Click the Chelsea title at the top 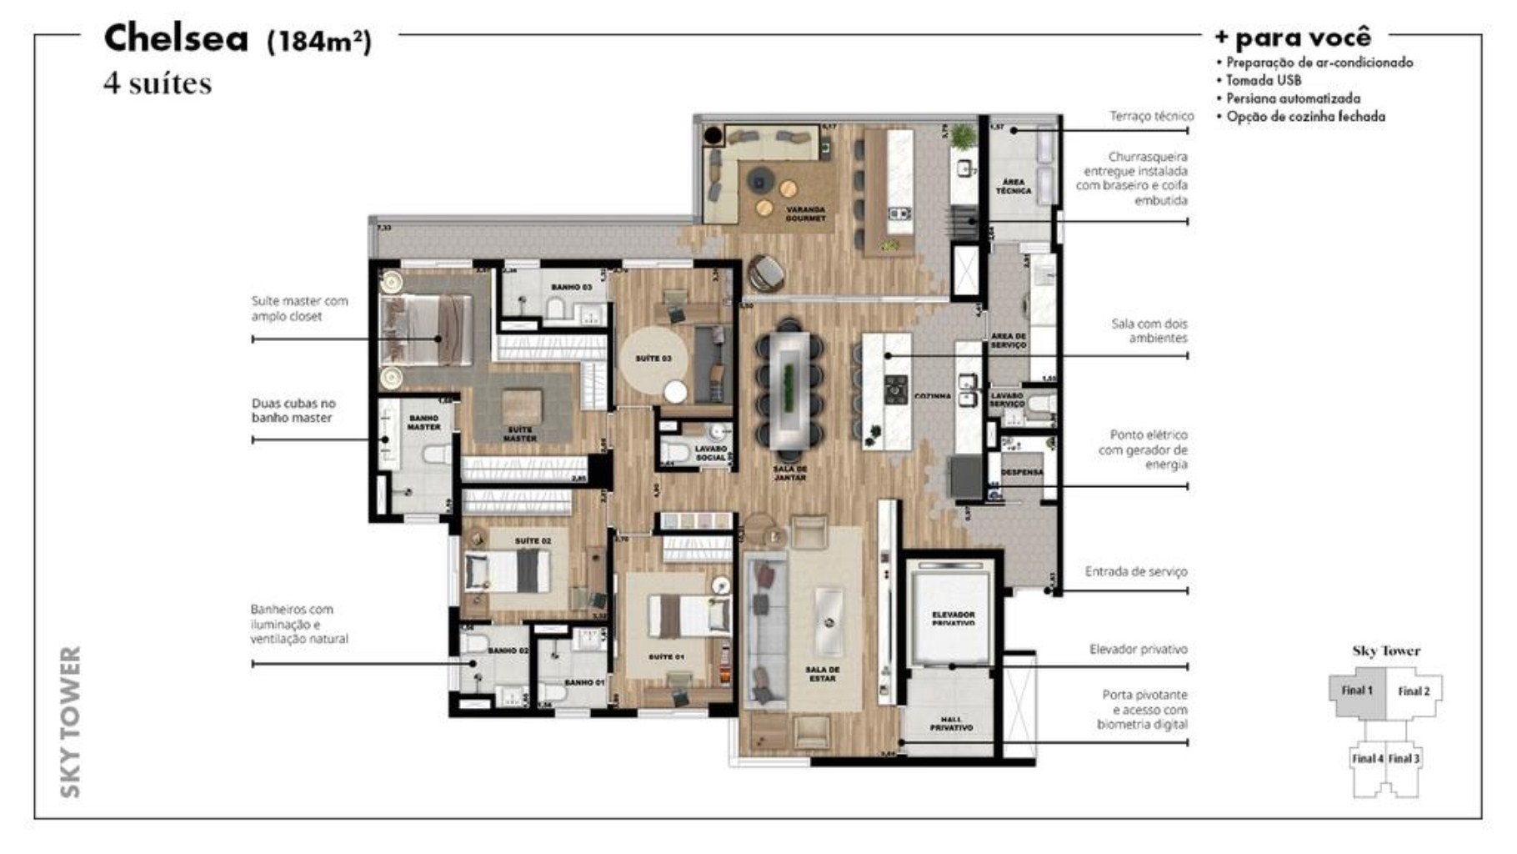tap(176, 38)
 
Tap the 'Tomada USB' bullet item tap(1263, 80)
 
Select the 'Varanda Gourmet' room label tap(805, 213)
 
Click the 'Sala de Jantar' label tap(789, 473)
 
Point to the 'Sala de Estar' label tap(822, 674)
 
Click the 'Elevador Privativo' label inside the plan tap(953, 618)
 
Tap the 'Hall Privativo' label tap(951, 723)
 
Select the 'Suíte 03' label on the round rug tap(653, 359)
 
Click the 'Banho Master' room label tap(423, 422)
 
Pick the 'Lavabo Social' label tap(710, 453)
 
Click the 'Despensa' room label tap(1022, 472)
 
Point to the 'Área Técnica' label tap(1013, 186)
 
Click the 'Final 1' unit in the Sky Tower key tap(1357, 691)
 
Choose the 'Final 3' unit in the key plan tap(1404, 758)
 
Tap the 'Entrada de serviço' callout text tap(1135, 571)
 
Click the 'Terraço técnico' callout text tap(1151, 116)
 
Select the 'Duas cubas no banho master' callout tap(293, 410)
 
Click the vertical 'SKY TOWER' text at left tap(71, 721)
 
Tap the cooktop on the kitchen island tap(896, 389)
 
